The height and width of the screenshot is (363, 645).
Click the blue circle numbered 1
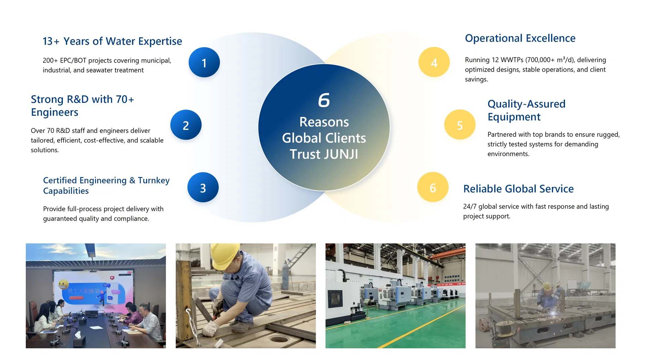[204, 63]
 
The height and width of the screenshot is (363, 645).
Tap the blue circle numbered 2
[186, 125]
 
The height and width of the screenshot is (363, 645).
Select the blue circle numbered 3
[203, 188]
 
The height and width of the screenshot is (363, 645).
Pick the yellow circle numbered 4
[434, 63]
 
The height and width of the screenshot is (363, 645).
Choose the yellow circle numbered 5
[460, 125]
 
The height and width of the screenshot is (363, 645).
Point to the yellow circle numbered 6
[433, 188]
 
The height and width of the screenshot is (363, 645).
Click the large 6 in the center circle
[324, 100]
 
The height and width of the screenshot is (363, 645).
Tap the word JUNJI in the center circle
[341, 154]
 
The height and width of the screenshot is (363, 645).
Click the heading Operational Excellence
[520, 38]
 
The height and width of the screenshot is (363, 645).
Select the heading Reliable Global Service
[518, 189]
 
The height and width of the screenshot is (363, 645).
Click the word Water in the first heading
[120, 41]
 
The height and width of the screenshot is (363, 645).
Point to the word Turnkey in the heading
[154, 180]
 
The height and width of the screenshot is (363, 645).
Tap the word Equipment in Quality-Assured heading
[514, 117]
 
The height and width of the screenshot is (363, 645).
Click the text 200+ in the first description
[50, 61]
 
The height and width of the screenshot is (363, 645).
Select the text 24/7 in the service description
[470, 207]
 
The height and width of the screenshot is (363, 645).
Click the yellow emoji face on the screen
[63, 284]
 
